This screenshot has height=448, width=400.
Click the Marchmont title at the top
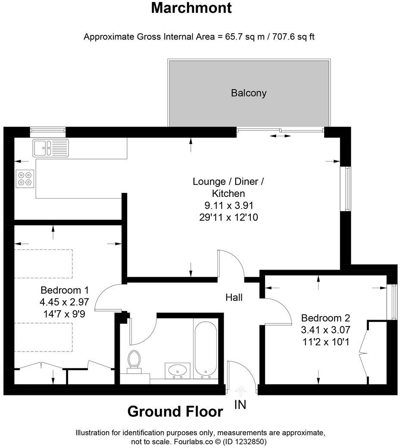click(197, 8)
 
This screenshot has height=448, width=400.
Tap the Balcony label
click(249, 93)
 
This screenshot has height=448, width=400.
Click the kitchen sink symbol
click(50, 147)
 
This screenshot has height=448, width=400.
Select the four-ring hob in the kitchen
click(25, 179)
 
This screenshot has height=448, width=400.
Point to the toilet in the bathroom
click(135, 360)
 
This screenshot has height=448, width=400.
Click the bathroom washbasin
click(177, 370)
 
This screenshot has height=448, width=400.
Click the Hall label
click(234, 297)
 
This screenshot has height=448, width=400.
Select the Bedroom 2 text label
click(325, 318)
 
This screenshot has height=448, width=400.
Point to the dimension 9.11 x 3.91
click(228, 205)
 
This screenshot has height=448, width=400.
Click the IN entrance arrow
click(241, 390)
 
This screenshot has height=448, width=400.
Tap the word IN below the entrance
click(241, 405)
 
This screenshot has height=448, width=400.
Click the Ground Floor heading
click(175, 412)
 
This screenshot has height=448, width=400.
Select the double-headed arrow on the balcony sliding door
click(280, 136)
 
